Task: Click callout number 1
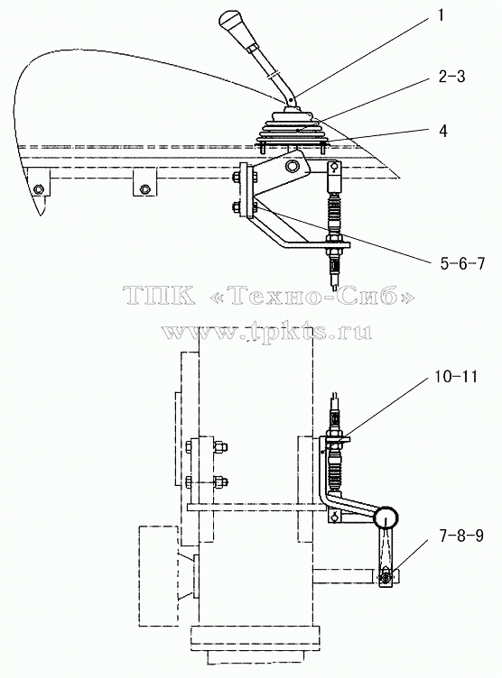(441, 15)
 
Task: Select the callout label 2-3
(451, 76)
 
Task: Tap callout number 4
(442, 131)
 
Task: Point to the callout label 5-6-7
(462, 263)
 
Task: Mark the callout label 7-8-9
(461, 536)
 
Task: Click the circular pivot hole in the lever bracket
(293, 166)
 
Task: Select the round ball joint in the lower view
(386, 517)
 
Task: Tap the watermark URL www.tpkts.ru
(267, 331)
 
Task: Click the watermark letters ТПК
(159, 296)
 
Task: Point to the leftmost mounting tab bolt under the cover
(39, 188)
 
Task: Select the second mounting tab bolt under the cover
(144, 188)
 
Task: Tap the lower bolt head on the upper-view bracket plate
(236, 208)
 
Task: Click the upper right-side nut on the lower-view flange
(220, 446)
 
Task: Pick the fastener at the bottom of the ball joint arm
(385, 576)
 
